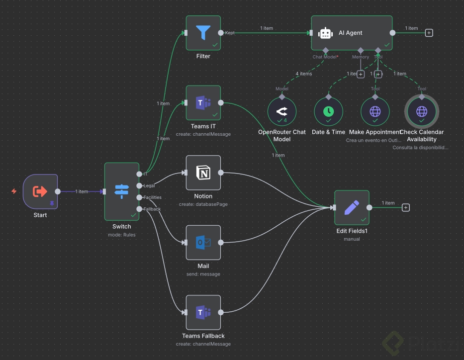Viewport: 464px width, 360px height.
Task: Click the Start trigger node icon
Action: [40, 191]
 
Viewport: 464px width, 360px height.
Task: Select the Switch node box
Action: [122, 191]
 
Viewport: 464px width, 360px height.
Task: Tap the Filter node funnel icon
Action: [203, 33]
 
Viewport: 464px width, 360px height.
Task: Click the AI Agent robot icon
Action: [326, 33]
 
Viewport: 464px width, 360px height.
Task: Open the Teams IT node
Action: [203, 103]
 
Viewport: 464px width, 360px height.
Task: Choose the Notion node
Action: [203, 173]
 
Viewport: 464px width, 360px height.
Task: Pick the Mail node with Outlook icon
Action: [203, 243]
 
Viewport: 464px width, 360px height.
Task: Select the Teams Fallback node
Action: [203, 313]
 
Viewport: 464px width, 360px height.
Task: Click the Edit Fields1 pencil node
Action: [352, 208]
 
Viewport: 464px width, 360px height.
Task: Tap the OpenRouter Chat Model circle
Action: [281, 111]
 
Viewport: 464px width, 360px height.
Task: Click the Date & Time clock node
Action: [328, 111]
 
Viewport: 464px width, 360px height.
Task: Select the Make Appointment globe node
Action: [375, 111]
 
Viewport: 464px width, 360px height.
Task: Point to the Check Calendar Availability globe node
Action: [422, 111]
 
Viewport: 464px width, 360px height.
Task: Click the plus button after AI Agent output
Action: [429, 33]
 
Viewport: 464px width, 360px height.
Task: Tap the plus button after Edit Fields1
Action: [406, 208]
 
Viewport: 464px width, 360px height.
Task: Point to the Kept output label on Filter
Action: [230, 33]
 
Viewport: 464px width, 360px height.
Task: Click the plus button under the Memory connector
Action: [361, 74]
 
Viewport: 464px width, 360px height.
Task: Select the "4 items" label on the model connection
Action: [303, 74]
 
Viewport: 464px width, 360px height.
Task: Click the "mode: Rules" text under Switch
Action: [122, 235]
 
